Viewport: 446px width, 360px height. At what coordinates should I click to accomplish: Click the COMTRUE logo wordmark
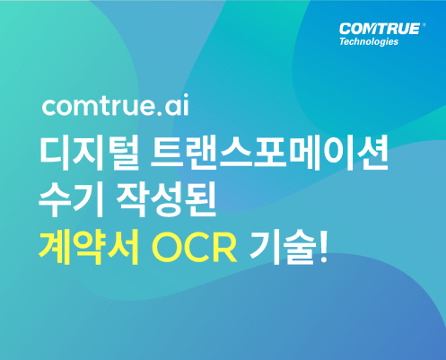coord(380,29)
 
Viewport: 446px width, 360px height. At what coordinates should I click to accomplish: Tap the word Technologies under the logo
coord(369,41)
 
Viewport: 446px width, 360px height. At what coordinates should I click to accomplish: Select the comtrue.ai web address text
coord(115,105)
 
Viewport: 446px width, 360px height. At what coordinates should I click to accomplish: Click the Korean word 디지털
coord(89,154)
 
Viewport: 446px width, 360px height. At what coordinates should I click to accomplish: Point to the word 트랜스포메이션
coord(269,154)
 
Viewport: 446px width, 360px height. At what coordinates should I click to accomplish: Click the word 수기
coord(71,199)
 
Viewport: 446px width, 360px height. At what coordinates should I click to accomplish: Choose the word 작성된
coord(166,199)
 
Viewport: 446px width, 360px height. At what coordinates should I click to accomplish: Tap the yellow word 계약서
coord(89,247)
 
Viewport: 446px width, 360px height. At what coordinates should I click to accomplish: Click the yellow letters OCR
coord(195,247)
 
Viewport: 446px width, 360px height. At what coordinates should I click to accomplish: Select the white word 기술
coord(283,247)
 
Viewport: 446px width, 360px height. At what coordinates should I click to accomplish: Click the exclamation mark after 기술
coord(324,247)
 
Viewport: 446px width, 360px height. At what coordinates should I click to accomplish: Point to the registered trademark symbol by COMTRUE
coord(424,25)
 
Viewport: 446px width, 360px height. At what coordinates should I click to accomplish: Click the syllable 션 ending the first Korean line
coord(372,154)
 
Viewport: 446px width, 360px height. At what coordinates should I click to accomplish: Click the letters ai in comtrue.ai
coord(177,105)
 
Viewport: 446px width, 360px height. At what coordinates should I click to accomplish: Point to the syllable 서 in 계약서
coord(123,247)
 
